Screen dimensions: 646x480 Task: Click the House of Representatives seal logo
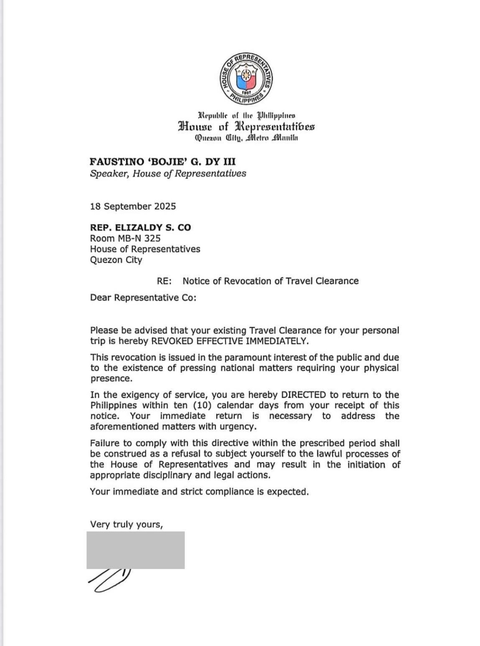246,78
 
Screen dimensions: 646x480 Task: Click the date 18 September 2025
133,206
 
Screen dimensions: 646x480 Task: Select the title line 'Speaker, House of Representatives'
168,173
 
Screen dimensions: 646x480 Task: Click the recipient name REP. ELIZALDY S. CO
140,227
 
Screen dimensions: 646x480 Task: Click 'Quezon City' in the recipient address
116,260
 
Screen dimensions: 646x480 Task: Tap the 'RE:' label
164,281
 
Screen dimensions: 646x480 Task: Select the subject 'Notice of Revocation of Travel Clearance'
270,281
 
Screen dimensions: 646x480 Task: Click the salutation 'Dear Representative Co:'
143,298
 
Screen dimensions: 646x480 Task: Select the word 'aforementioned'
122,427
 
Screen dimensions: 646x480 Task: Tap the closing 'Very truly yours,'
126,524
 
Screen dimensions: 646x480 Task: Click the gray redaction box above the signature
136,550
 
